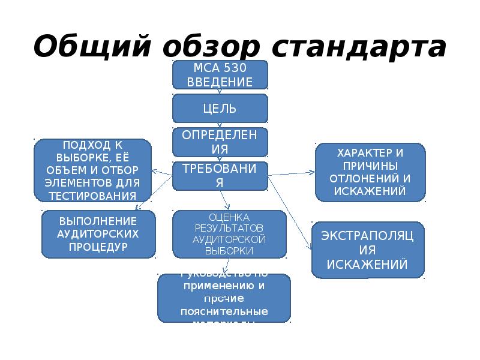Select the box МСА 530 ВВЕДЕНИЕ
(x=220, y=74)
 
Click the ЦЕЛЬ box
(x=220, y=109)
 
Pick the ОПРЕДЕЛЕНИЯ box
(x=220, y=142)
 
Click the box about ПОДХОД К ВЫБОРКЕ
(x=92, y=170)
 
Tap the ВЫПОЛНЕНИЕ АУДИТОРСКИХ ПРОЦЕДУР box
(x=98, y=233)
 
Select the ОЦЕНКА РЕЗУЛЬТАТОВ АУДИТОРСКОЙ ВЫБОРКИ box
(x=220, y=235)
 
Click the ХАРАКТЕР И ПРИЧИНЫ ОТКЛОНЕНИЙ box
(x=370, y=172)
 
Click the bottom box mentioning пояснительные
(x=224, y=298)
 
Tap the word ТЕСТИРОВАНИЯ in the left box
(x=92, y=196)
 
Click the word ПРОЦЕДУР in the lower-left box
(x=98, y=247)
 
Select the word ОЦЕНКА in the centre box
(x=220, y=217)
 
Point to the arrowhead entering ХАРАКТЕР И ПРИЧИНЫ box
(x=312, y=172)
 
